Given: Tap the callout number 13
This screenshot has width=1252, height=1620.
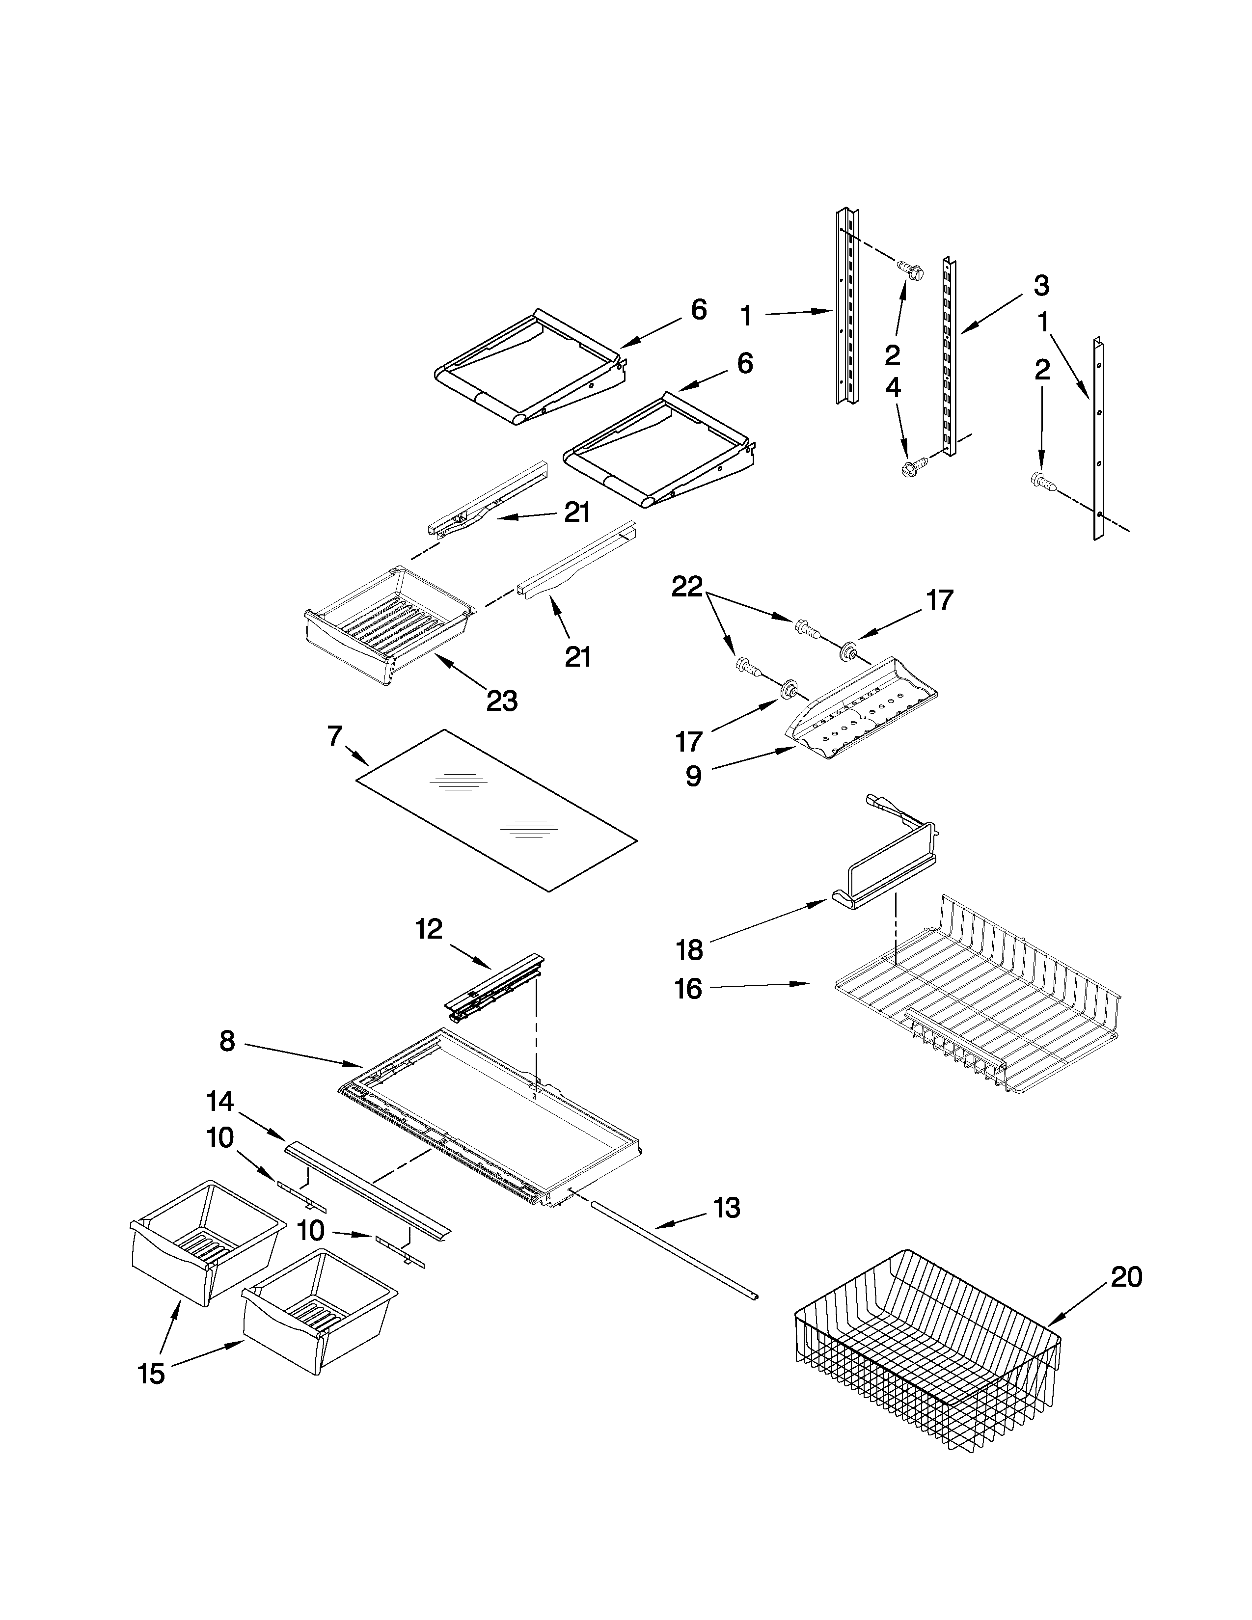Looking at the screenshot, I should tap(727, 1208).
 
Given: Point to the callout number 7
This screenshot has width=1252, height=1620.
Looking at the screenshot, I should tap(334, 736).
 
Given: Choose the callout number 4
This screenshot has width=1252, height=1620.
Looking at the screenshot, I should tap(893, 387).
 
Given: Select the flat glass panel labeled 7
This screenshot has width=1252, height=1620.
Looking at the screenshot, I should tap(497, 809).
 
